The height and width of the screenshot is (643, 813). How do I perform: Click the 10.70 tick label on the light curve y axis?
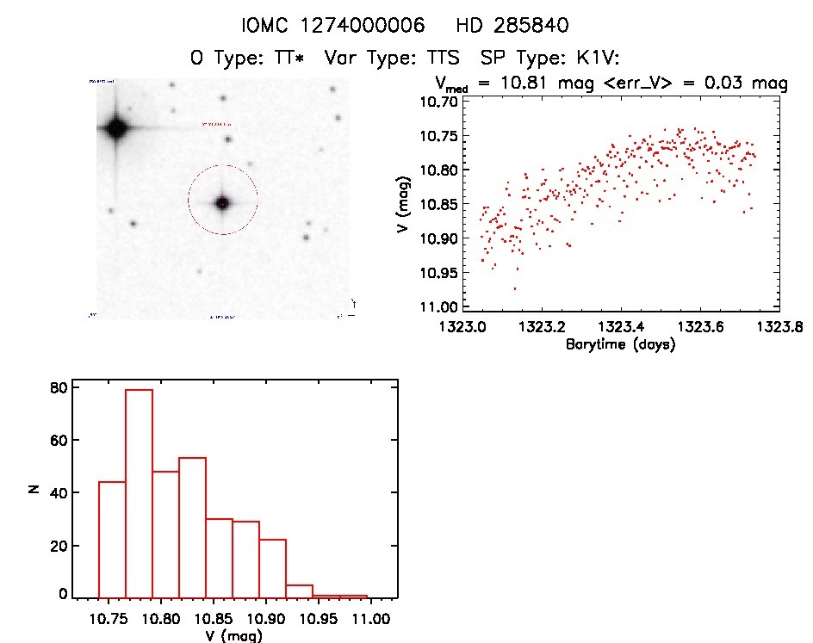coord(439,102)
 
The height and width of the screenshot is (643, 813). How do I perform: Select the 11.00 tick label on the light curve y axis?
coord(439,307)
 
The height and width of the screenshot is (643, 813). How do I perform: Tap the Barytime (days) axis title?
coord(620,344)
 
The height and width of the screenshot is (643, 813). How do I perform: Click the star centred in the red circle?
coord(223,203)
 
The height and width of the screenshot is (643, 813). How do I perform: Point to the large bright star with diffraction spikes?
coord(115,130)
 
